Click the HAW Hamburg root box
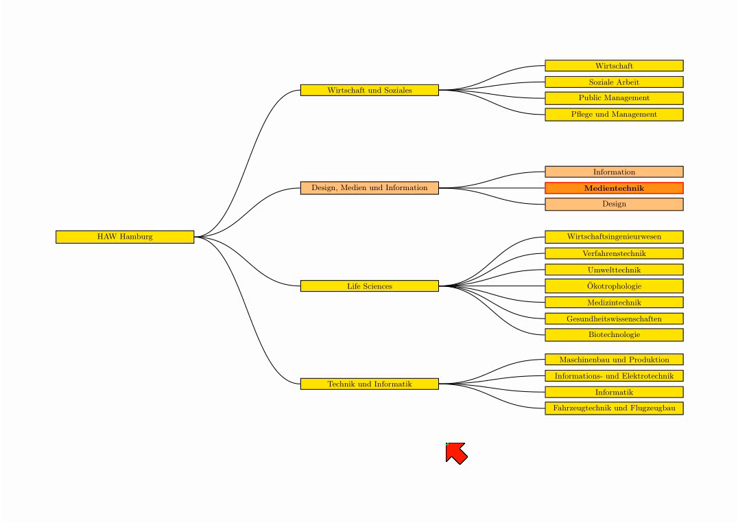coord(125,237)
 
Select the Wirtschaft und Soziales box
coord(370,90)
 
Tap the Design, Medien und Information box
coord(370,188)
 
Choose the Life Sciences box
coord(370,286)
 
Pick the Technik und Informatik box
coord(370,384)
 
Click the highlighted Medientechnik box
coord(615,188)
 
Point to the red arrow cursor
coord(456,453)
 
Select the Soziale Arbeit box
coord(615,82)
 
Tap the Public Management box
coord(615,98)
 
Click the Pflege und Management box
coord(615,115)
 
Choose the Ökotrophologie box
coord(615,286)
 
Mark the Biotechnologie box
coord(615,335)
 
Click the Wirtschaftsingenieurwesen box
coord(615,237)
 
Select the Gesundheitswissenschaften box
coord(615,318)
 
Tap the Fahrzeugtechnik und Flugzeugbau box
coord(615,408)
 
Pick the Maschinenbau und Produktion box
coord(615,360)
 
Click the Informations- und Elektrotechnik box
coord(615,376)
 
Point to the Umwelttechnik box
coord(615,270)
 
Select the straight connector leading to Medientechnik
coord(492,188)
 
